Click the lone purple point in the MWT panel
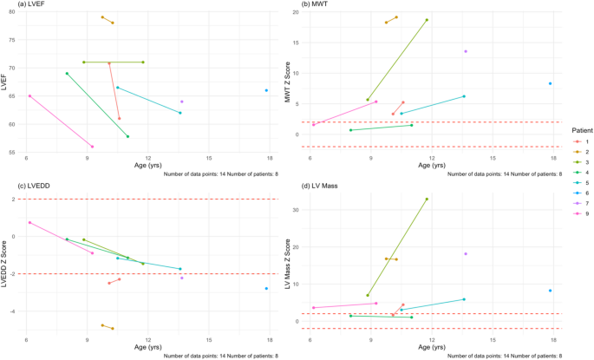[x=466, y=51]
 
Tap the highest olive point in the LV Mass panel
[x=427, y=200]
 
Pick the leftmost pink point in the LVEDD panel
[x=29, y=222]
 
